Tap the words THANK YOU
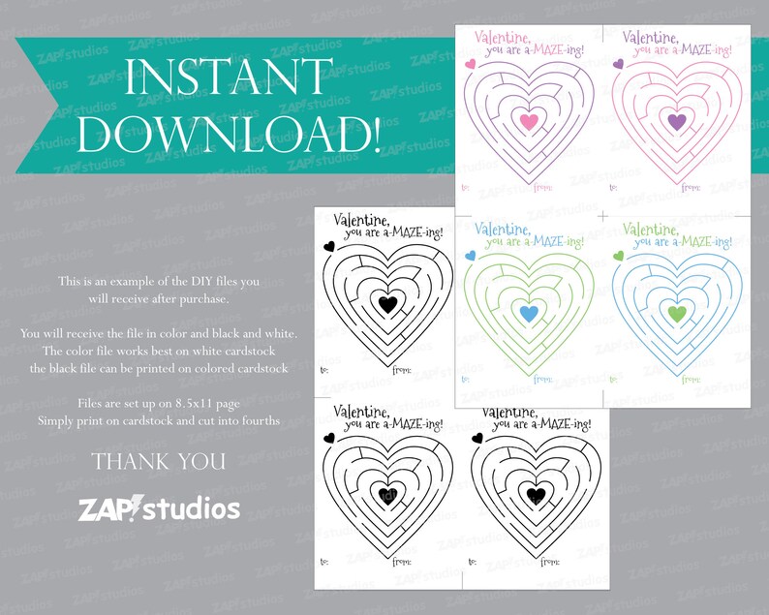coord(160,461)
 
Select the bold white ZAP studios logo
coord(160,507)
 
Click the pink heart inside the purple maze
coord(528,121)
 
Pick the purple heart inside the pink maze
coord(677,121)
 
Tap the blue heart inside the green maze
coord(528,313)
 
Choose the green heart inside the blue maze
coord(677,313)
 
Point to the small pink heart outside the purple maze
coord(470,64)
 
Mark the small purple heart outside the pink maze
coord(618,64)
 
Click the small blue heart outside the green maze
coord(470,256)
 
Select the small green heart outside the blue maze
coord(618,256)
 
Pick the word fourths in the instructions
coord(261,420)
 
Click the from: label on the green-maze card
coord(544,379)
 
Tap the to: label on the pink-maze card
coord(614,187)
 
